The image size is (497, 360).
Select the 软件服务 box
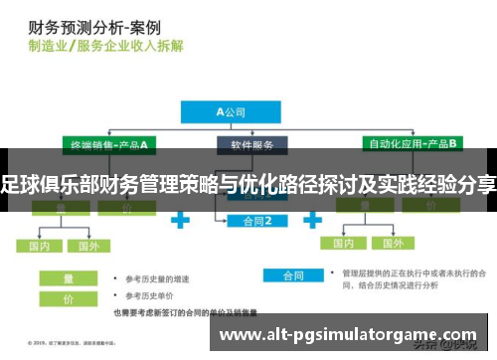point(251,145)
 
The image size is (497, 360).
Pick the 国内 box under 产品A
point(41,245)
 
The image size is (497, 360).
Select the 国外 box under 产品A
point(88,245)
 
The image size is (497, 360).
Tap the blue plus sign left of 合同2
point(182,218)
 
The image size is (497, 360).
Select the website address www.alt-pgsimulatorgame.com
point(347,336)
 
